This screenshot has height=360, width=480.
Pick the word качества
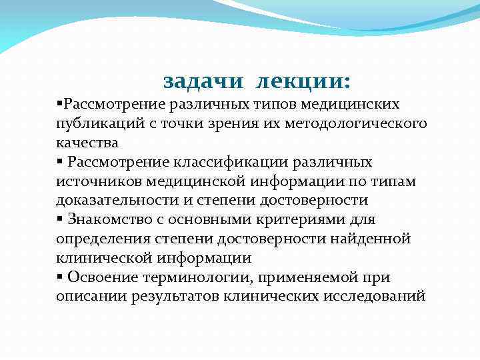(x=87, y=142)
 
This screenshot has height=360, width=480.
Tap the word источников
(x=96, y=181)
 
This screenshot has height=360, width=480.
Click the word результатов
(x=173, y=296)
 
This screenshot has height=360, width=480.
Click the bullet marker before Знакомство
(x=59, y=219)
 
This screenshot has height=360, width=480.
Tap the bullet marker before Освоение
(x=59, y=277)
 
